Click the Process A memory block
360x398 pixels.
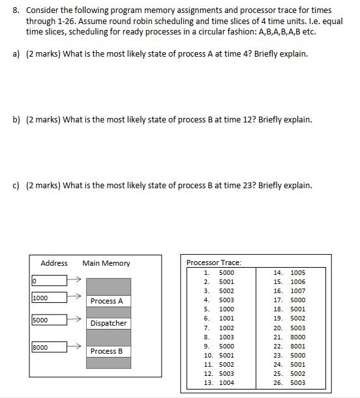pos(108,301)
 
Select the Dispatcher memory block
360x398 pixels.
pos(108,323)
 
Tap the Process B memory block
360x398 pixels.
pos(108,351)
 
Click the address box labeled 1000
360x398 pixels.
pos(49,298)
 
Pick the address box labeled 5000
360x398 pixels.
pos(49,320)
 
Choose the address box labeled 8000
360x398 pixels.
pos(49,348)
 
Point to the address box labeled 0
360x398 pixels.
pos(49,281)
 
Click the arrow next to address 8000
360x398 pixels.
pos(75,348)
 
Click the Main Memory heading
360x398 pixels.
pos(106,263)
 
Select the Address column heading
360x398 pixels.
pos(54,263)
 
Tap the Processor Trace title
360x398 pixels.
pos(214,263)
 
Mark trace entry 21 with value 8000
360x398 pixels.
pos(290,337)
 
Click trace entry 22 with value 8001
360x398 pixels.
pos(290,346)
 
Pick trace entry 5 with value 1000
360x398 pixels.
pos(220,309)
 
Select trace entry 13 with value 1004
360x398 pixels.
pos(220,382)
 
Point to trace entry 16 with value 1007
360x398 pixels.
pos(290,291)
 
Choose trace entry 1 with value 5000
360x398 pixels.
pos(220,272)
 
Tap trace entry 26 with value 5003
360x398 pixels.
pos(290,382)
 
